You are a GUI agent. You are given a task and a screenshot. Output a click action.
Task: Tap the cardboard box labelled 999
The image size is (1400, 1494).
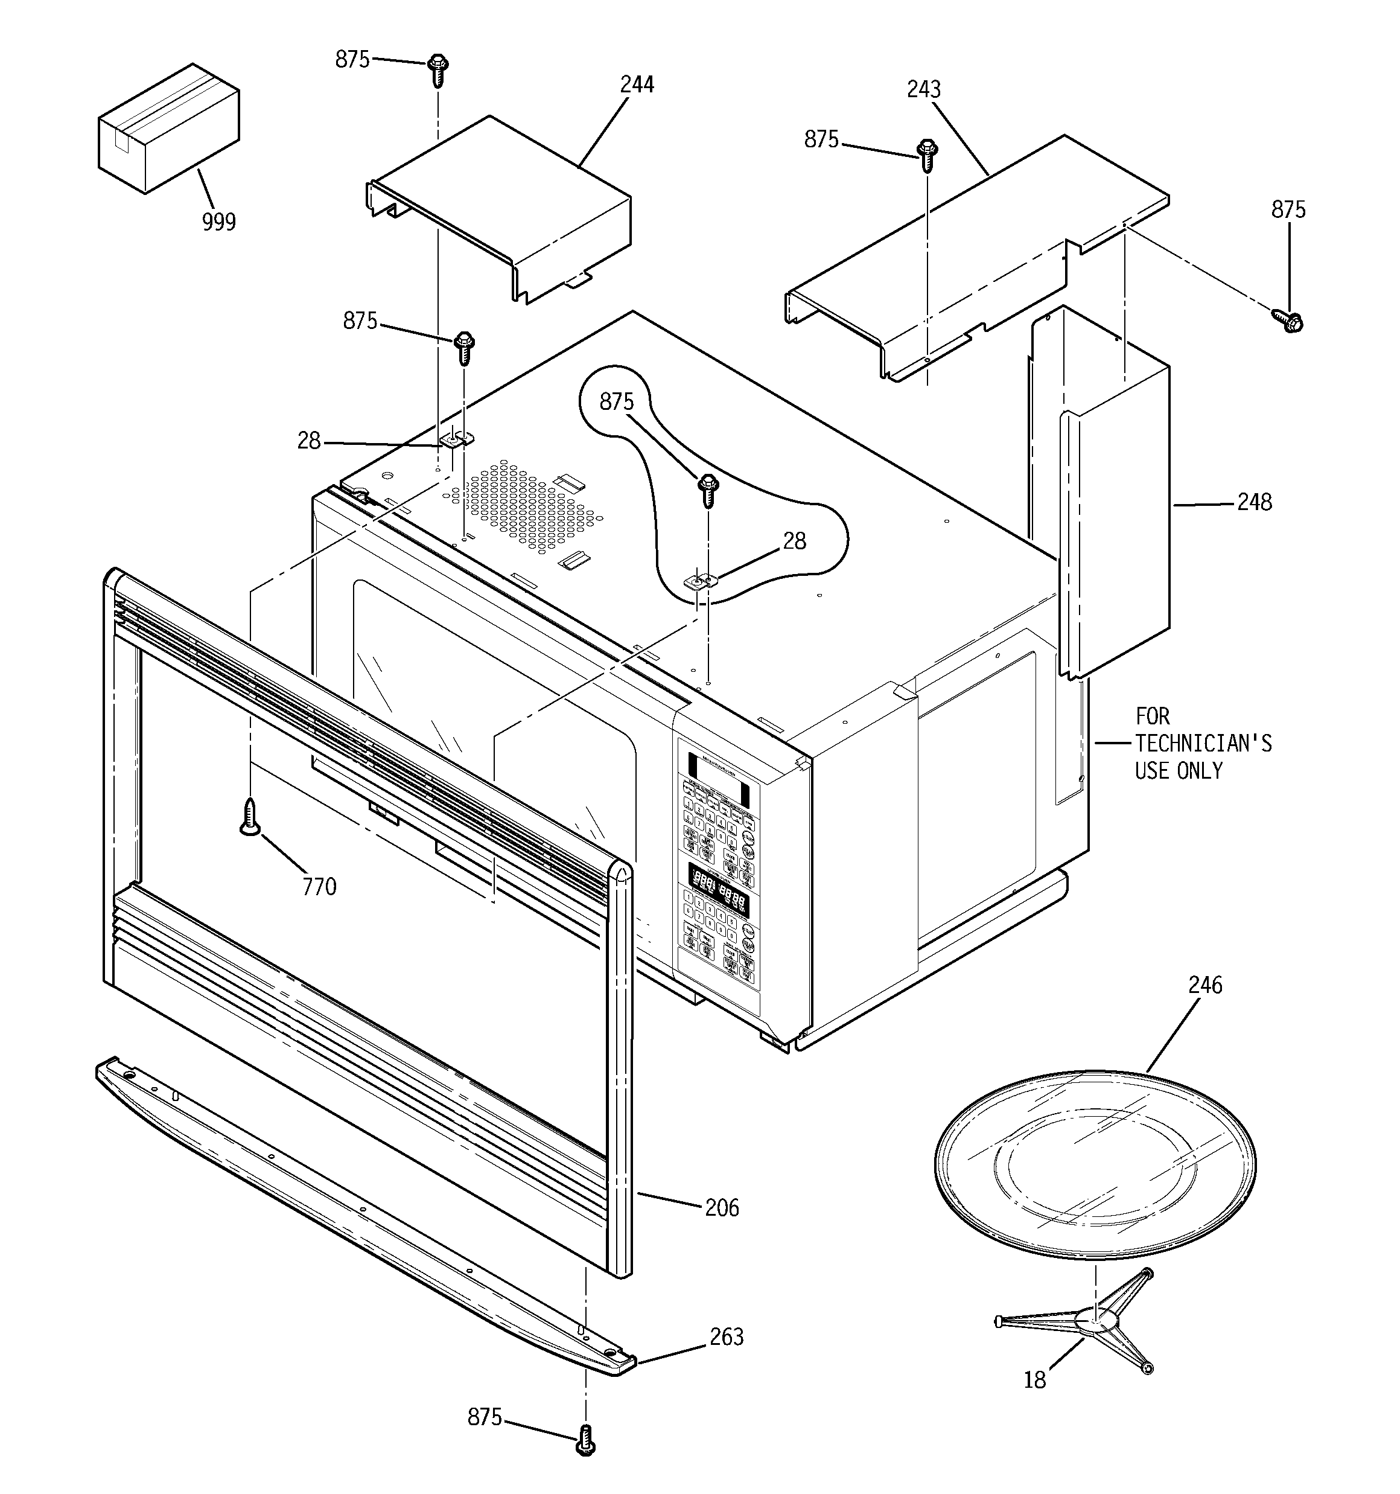(x=168, y=129)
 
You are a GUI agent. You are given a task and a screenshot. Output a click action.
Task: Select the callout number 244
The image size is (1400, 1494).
(x=637, y=84)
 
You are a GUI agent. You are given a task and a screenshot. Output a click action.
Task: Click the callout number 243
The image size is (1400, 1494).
(x=923, y=89)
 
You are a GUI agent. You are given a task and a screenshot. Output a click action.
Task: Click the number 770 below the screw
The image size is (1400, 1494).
(x=319, y=887)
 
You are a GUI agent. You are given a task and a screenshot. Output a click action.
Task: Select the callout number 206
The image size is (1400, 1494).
(x=721, y=1208)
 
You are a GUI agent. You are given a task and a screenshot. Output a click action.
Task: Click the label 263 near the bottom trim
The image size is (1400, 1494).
(x=726, y=1336)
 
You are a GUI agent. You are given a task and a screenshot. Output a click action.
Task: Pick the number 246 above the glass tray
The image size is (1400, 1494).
(x=1204, y=985)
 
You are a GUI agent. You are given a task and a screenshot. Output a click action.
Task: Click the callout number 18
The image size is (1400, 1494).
(x=1034, y=1381)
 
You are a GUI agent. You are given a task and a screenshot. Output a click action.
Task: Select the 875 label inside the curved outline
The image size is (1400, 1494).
(x=616, y=402)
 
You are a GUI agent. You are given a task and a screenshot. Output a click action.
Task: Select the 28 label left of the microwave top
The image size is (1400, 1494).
(x=309, y=441)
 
